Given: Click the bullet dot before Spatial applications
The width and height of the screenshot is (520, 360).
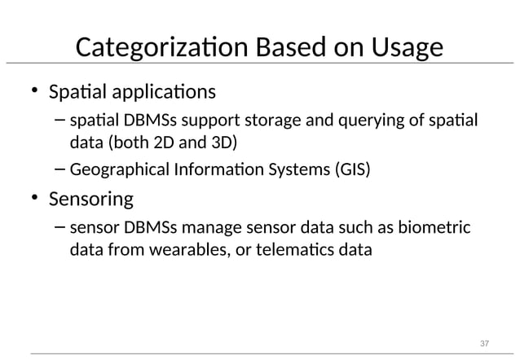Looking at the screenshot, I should click(x=35, y=90).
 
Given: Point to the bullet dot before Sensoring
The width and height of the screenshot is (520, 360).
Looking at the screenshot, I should click(x=35, y=199).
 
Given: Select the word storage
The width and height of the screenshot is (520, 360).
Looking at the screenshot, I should click(x=271, y=121).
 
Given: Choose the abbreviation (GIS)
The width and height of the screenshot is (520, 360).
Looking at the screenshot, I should click(x=349, y=171).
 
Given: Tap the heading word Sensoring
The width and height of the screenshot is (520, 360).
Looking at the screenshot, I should click(x=91, y=199).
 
